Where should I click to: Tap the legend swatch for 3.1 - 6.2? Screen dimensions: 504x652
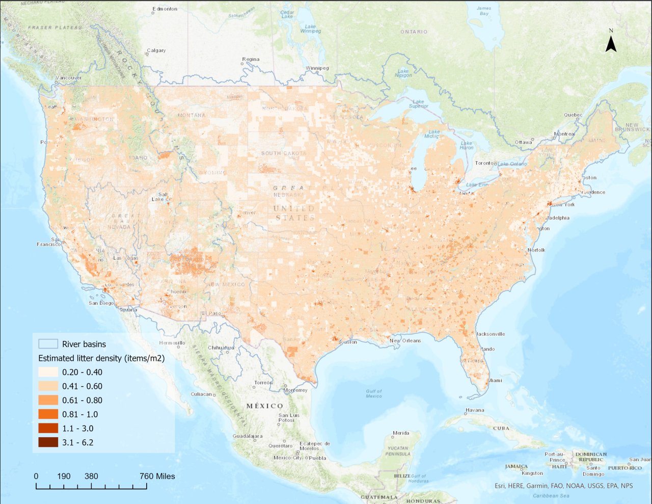pyautogui.click(x=48, y=442)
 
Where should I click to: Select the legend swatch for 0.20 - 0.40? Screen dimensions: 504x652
pyautogui.click(x=48, y=372)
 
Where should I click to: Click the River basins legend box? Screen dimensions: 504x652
pyautogui.click(x=48, y=344)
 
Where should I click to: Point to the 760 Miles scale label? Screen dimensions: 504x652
pyautogui.click(x=157, y=476)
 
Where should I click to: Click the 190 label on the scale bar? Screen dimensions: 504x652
pyautogui.click(x=64, y=476)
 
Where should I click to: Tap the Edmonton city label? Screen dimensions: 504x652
pyautogui.click(x=165, y=9)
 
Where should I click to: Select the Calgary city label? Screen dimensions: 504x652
pyautogui.click(x=156, y=50)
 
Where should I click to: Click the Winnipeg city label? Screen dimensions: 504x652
pyautogui.click(x=317, y=68)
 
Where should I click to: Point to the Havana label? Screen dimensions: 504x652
pyautogui.click(x=475, y=410)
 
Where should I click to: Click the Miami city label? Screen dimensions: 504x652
pyautogui.click(x=495, y=380)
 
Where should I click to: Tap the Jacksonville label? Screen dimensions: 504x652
pyautogui.click(x=491, y=334)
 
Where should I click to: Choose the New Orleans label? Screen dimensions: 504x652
pyautogui.click(x=405, y=340)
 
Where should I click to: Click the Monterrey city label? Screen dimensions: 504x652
pyautogui.click(x=295, y=390)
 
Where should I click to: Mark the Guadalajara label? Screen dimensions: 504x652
pyautogui.click(x=248, y=436)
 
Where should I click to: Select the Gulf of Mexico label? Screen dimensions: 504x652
pyautogui.click(x=374, y=393)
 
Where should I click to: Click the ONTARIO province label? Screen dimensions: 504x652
pyautogui.click(x=414, y=32)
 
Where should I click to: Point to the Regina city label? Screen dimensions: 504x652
pyautogui.click(x=251, y=59)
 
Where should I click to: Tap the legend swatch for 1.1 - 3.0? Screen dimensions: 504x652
pyautogui.click(x=48, y=428)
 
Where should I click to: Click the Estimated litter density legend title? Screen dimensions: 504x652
pyautogui.click(x=101, y=358)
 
